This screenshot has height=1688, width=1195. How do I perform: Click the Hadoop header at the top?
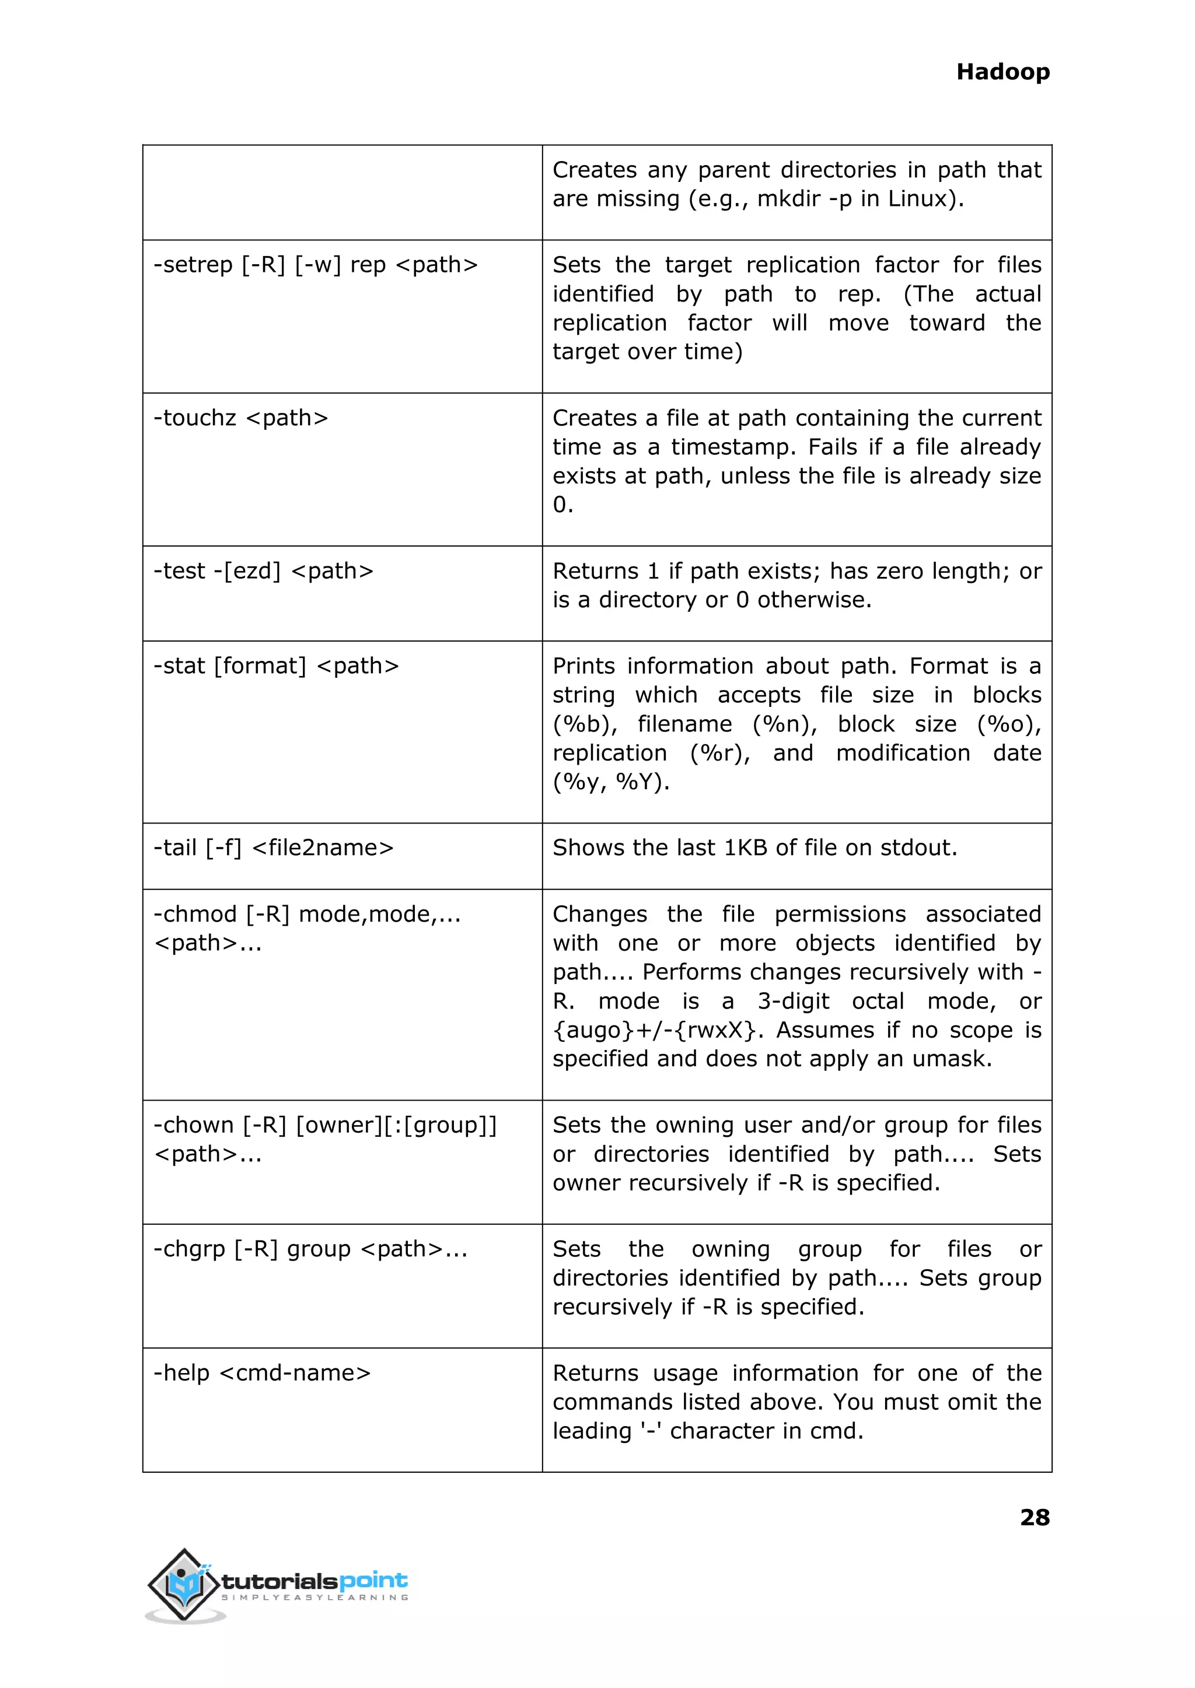[1002, 72]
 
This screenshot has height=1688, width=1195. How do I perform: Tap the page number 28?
[1034, 1517]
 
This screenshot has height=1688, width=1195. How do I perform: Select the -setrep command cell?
[315, 265]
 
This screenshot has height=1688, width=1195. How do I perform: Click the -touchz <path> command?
[240, 418]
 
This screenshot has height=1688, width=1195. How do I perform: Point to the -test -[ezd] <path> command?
[263, 571]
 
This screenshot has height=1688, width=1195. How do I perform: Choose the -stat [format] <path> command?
[275, 666]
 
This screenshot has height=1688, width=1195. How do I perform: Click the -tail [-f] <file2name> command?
[273, 848]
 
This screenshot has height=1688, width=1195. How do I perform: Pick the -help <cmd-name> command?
[261, 1373]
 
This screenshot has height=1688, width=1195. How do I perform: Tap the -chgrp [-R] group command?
[310, 1249]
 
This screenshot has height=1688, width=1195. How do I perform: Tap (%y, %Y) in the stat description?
[611, 782]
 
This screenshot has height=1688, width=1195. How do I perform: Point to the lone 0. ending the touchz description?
[562, 505]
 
